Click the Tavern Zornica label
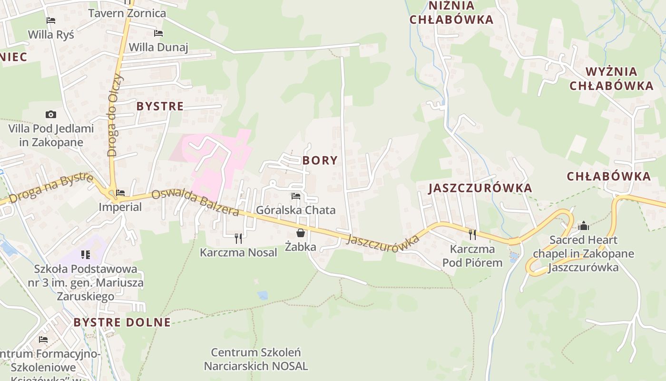(127, 13)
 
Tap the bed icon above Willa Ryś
(51, 20)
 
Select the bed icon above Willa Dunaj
(158, 33)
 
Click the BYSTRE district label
(160, 106)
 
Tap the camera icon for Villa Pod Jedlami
(51, 114)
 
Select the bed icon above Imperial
(120, 193)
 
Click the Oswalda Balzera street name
(195, 203)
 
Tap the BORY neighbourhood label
(320, 160)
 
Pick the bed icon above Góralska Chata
(296, 196)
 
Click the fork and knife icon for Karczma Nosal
(238, 238)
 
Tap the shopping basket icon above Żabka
(301, 233)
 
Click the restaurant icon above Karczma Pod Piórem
(472, 234)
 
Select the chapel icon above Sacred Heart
(583, 226)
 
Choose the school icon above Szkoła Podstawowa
(86, 255)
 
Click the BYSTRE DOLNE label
(122, 322)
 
